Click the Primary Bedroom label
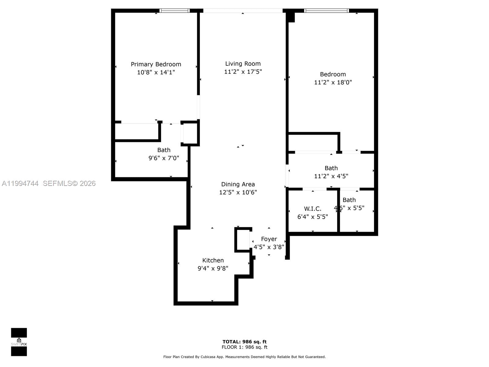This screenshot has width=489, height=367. (x=156, y=64)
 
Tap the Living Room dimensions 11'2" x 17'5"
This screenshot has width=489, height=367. (x=243, y=72)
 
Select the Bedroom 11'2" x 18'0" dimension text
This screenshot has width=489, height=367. (x=333, y=82)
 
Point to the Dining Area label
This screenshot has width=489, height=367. (x=238, y=184)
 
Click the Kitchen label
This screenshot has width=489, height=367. (x=213, y=260)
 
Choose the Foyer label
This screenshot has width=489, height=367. (x=269, y=239)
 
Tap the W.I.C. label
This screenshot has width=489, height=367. (x=313, y=209)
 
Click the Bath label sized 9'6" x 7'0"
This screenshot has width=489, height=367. (x=164, y=150)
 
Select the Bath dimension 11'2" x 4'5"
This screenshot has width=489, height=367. (x=331, y=176)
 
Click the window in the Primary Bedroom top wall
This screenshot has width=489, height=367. (x=175, y=11)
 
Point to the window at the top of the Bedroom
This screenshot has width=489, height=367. (x=326, y=11)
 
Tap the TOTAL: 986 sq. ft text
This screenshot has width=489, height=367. (x=244, y=342)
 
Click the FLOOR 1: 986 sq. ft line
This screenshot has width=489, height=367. (x=244, y=347)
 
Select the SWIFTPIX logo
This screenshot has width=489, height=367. (x=19, y=342)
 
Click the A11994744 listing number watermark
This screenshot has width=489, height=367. (x=20, y=183)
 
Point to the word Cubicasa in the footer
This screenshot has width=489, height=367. (x=209, y=357)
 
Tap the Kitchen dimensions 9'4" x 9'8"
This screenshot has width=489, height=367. (x=213, y=268)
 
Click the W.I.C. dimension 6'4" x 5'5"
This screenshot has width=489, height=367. (x=313, y=217)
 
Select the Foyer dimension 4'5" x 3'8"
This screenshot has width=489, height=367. (x=269, y=247)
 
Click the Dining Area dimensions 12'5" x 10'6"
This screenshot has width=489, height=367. (x=238, y=192)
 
